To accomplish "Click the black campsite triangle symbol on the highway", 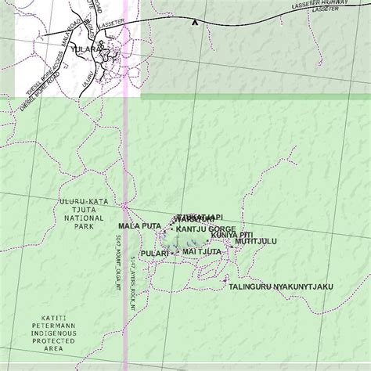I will point(194,23).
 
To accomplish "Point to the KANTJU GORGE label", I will point(206,229).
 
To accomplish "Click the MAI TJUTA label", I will point(201,252).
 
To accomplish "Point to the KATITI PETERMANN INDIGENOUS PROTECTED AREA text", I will point(54,333).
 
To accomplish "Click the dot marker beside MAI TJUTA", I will point(178,252).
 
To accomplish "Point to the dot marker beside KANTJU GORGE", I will point(172,229).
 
